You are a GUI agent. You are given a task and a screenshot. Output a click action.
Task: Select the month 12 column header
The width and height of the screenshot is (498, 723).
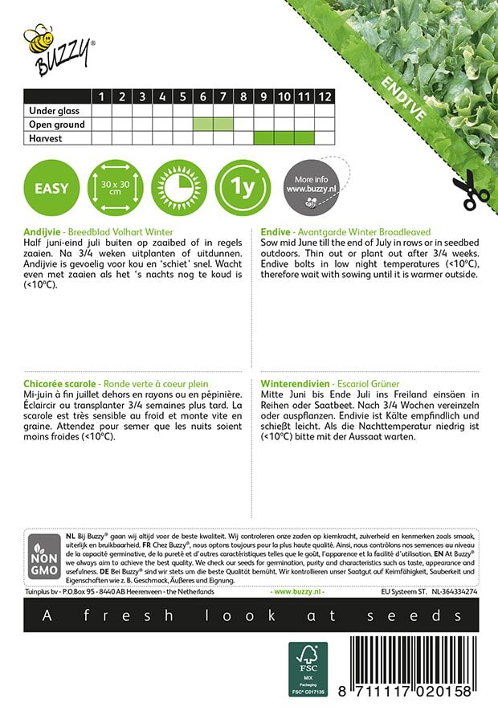[325, 96]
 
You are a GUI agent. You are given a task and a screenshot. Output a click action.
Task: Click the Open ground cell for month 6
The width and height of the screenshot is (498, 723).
[202, 125]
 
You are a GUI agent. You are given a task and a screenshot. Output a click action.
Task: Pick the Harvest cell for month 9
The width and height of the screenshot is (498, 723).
[263, 138]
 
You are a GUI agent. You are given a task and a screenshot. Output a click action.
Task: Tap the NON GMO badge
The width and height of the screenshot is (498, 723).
[41, 558]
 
